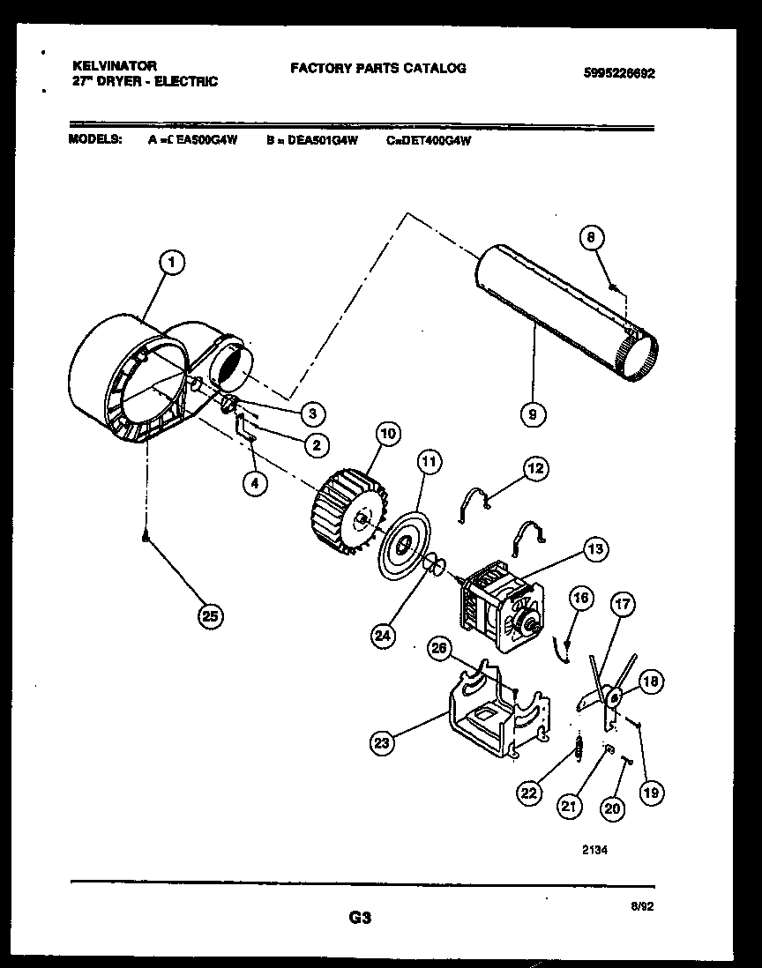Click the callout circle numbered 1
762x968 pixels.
pyautogui.click(x=173, y=261)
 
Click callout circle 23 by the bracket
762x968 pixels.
pyautogui.click(x=381, y=743)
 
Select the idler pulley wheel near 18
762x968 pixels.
pyautogui.click(x=611, y=697)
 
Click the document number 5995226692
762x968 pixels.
pyautogui.click(x=619, y=74)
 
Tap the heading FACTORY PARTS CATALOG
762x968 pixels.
pyautogui.click(x=377, y=68)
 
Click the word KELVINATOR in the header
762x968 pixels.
pyautogui.click(x=114, y=66)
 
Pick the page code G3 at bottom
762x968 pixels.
pyautogui.click(x=358, y=919)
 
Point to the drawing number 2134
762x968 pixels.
pyautogui.click(x=594, y=851)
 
